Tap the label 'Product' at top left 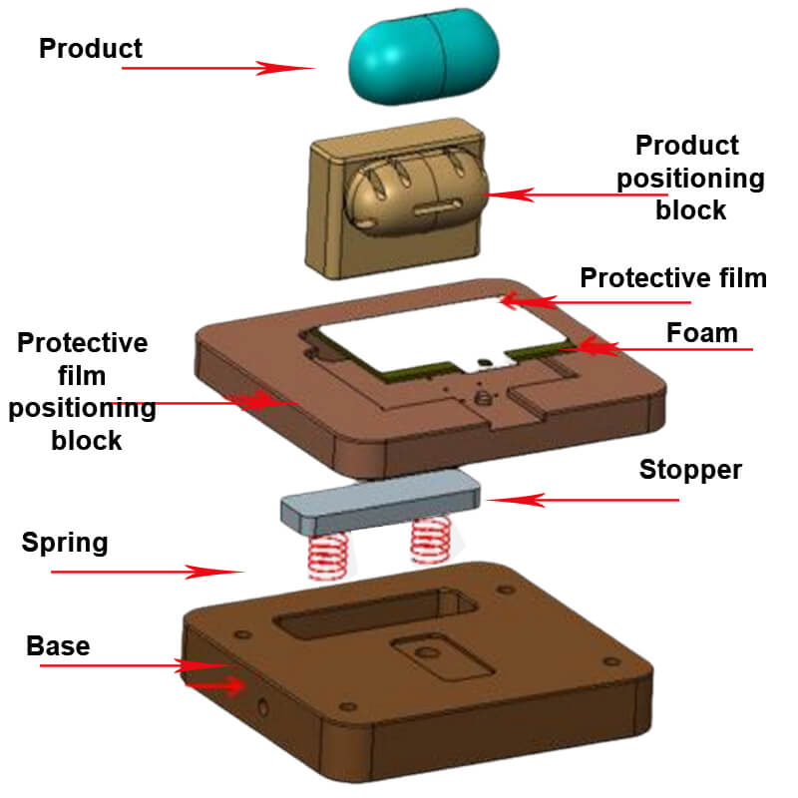(91, 48)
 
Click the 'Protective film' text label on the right (673, 277)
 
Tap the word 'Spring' (65, 544)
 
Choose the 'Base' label (58, 645)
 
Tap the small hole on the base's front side (262, 708)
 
